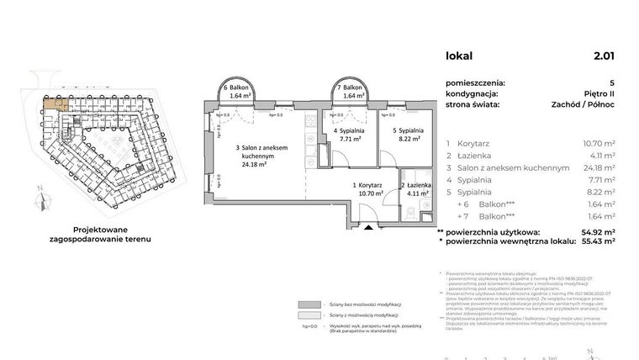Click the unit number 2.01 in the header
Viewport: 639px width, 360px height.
(603, 57)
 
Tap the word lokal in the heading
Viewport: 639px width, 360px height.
(459, 57)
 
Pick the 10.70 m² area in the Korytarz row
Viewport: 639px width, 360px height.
(599, 144)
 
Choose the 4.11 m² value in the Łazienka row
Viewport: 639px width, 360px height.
(601, 156)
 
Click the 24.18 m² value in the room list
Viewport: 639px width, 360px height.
(599, 168)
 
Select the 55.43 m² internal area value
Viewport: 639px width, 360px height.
(597, 241)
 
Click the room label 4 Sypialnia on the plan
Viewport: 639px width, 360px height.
(348, 135)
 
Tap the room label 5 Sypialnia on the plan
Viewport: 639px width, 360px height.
(407, 135)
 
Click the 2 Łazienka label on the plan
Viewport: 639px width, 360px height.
(417, 188)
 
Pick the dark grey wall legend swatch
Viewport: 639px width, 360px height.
(311, 304)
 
